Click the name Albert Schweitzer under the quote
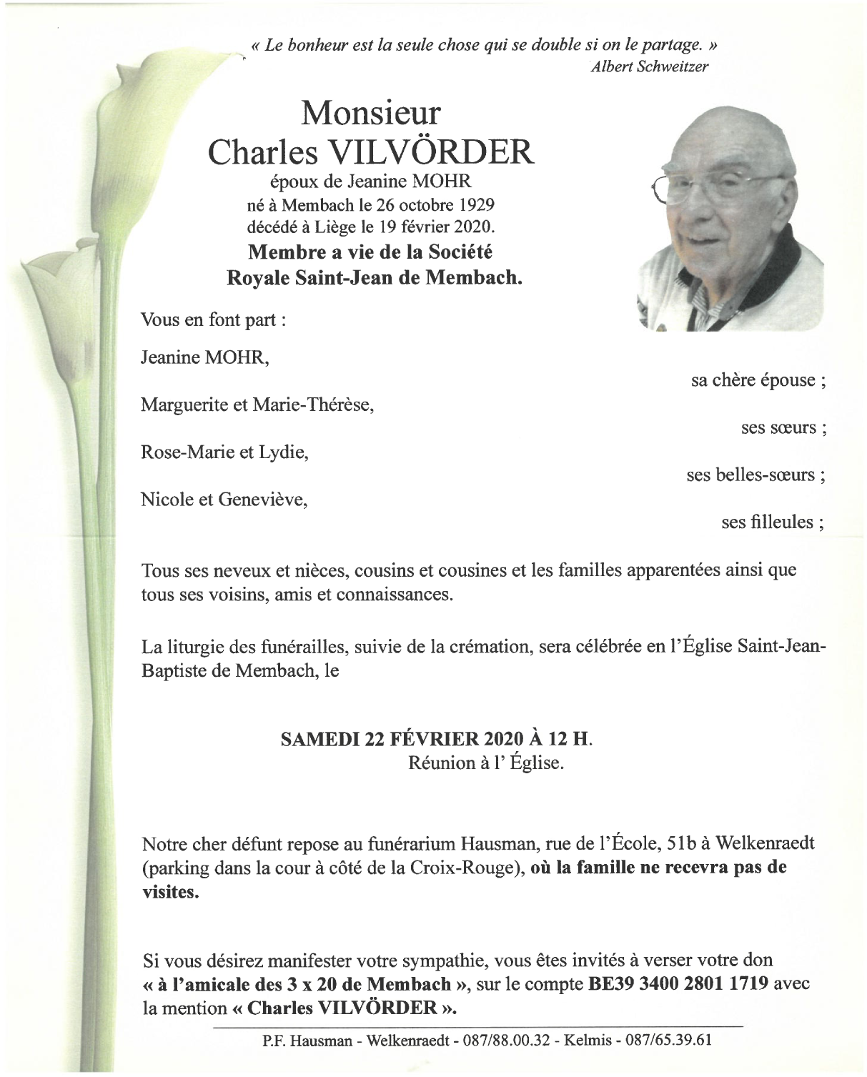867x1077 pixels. click(x=650, y=66)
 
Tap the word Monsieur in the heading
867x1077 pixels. click(x=370, y=114)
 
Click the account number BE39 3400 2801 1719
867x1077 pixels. click(x=678, y=983)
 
